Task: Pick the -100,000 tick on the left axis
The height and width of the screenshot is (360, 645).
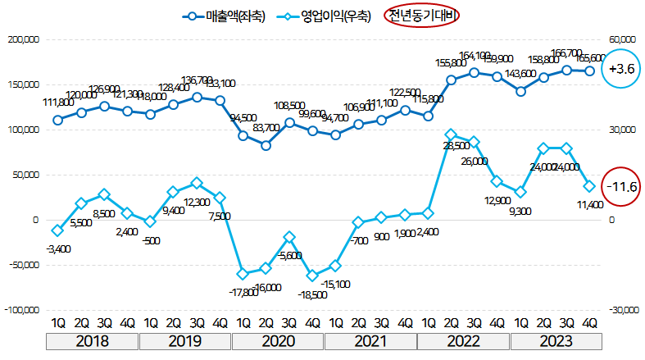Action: click(20, 311)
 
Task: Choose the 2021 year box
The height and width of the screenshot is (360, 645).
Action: click(370, 339)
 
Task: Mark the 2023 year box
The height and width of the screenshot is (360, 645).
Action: click(555, 339)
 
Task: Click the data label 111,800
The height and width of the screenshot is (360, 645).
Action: click(56, 103)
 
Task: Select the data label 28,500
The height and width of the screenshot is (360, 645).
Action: click(456, 145)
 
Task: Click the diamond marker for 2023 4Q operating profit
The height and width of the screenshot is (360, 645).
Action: click(589, 187)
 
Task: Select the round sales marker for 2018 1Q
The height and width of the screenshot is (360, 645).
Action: click(57, 120)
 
